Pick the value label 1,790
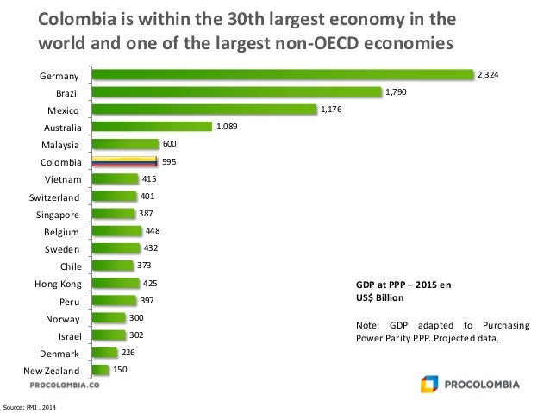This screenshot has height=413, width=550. coord(396,91)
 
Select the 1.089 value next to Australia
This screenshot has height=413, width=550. coord(227,127)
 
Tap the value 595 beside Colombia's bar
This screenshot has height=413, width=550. coord(169,160)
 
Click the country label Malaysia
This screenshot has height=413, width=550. coord(61,145)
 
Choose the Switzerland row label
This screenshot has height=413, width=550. coord(55,197)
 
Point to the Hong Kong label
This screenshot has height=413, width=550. coord(58,283)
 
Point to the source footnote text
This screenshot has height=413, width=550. coord(31,405)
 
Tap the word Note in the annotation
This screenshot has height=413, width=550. coord(366,324)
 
